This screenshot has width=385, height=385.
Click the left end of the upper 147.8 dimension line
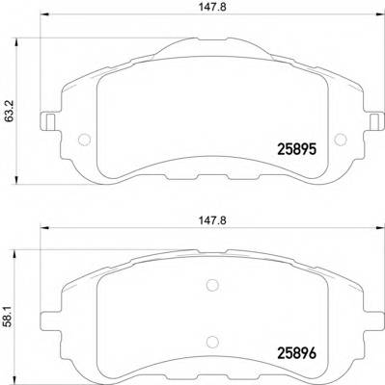(38, 28)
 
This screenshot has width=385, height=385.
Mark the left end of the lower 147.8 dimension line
(38, 231)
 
